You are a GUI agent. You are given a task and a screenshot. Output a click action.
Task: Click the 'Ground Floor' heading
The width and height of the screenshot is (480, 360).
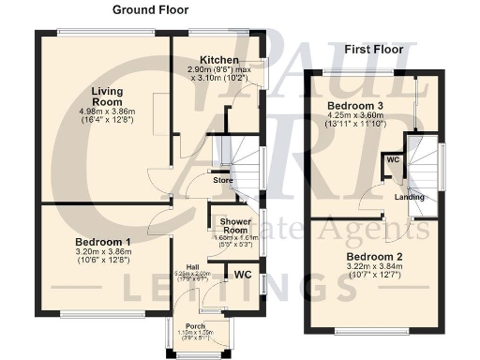tap(150, 10)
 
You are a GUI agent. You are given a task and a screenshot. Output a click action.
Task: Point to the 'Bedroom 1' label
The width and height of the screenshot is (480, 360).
tap(103, 241)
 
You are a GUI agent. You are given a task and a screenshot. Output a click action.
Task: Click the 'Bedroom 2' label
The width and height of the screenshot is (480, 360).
tap(373, 257)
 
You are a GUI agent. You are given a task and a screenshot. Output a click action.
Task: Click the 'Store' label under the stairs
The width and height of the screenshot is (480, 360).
tap(222, 180)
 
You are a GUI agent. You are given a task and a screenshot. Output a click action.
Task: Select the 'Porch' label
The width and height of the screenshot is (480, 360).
tap(196, 326)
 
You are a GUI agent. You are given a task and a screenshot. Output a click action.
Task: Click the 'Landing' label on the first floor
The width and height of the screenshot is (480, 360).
tap(409, 197)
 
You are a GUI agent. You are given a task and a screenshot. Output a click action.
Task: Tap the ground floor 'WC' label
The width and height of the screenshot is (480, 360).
tap(242, 275)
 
